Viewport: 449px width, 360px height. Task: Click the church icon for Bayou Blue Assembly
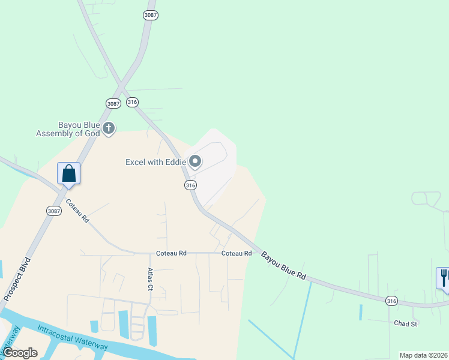tap(109, 128)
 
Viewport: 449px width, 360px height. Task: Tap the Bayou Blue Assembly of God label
tap(67, 129)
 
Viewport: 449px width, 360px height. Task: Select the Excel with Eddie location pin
tap(195, 161)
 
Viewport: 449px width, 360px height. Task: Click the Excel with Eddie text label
tap(155, 162)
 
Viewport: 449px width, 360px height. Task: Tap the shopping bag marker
tap(69, 173)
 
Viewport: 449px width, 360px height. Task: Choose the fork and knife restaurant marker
tap(443, 278)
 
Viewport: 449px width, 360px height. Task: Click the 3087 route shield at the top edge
tap(151, 15)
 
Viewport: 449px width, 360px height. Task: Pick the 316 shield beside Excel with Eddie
tap(190, 185)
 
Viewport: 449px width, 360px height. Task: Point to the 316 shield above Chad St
tap(391, 301)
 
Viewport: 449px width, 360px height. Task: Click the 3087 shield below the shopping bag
tap(53, 211)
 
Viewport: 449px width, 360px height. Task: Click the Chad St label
tap(405, 323)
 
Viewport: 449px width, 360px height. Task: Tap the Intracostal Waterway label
tap(72, 337)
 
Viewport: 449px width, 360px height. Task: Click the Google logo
tap(20, 353)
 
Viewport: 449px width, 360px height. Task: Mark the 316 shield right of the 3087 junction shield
tap(133, 102)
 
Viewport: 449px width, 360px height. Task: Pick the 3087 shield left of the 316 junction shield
tap(113, 103)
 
